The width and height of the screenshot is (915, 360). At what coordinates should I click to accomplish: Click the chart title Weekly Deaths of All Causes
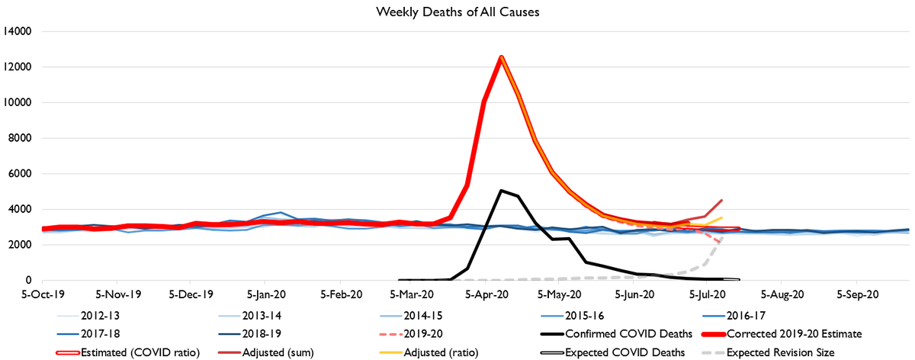coord(457,12)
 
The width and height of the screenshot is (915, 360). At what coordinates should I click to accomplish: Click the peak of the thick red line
coord(501,56)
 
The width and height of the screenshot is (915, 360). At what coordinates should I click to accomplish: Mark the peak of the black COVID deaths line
coord(500,191)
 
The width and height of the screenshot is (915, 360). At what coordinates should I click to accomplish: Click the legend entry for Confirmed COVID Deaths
coord(603,333)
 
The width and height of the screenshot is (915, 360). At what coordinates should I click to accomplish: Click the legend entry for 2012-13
coord(99,313)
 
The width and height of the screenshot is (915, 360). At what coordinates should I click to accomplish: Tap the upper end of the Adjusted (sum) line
coord(721,201)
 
